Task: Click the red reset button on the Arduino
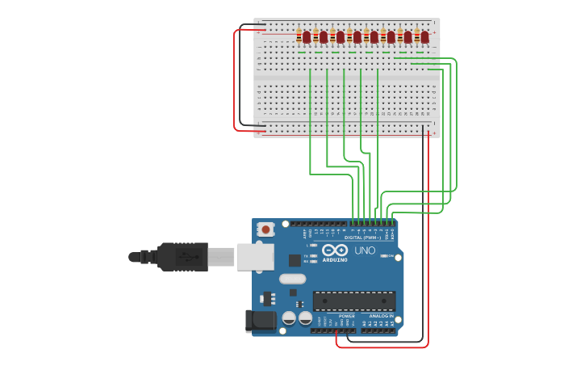pos(265,229)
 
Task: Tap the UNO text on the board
pos(365,250)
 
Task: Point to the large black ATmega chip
pos(353,301)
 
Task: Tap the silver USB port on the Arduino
pos(255,257)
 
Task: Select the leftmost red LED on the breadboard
pos(307,37)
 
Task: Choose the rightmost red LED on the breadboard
pos(424,37)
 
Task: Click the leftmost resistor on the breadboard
pos(299,36)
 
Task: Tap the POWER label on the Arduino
pos(346,316)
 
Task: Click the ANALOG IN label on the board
pos(382,316)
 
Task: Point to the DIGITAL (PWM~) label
pos(363,238)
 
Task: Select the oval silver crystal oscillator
pos(292,279)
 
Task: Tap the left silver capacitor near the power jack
pos(289,318)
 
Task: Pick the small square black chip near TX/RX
pos(295,260)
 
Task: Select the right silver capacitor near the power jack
pos(305,318)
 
